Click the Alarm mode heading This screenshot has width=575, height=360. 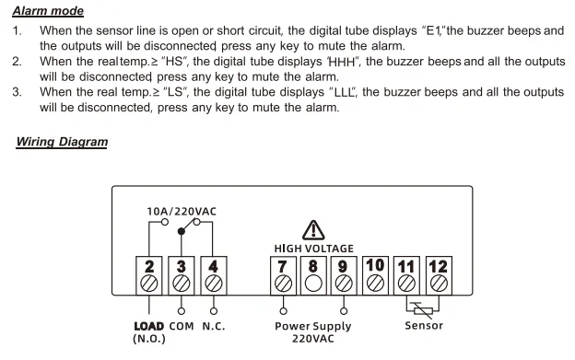pos(48,11)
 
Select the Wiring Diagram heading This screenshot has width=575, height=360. pos(62,142)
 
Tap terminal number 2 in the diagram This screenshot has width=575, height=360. pos(149,275)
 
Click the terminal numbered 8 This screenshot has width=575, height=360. pos(313,275)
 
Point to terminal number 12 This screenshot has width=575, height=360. pos(439,275)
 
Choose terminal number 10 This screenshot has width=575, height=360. pos(375,275)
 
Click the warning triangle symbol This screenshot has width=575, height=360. pos(313,230)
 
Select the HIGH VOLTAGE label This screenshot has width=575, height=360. pos(314,249)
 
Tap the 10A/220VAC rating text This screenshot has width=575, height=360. pos(182,212)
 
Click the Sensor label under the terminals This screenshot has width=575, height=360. pos(424,326)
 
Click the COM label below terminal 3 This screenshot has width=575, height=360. pos(182,326)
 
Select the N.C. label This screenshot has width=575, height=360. pos(214,326)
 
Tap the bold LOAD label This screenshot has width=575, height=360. pos(149,326)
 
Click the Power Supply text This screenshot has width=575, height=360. pos(313,326)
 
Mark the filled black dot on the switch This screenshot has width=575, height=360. pos(182,231)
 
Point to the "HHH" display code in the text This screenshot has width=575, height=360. pos(343,62)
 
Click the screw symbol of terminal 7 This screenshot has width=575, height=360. pos(283,284)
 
